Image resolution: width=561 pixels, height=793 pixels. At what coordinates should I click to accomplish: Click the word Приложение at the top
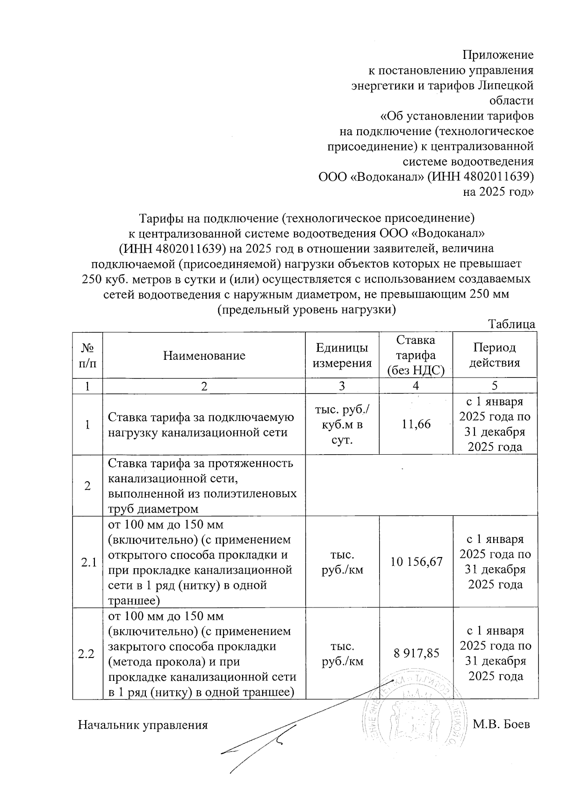tap(497, 55)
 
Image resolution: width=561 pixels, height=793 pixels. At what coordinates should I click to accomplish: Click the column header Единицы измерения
tap(342, 355)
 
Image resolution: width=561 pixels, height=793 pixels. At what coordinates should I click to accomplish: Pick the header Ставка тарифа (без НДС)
tap(415, 355)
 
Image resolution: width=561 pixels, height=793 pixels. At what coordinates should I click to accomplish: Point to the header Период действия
tap(495, 355)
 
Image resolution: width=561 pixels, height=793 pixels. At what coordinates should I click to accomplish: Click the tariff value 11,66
tap(416, 424)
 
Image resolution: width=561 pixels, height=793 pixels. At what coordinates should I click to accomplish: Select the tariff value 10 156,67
tap(416, 562)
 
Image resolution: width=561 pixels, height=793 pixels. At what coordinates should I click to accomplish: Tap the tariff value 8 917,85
tap(416, 653)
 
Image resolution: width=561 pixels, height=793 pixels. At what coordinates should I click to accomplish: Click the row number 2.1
tap(88, 563)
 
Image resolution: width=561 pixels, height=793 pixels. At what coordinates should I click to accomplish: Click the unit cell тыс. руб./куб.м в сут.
tap(342, 424)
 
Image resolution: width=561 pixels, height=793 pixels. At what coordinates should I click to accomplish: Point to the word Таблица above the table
tap(511, 324)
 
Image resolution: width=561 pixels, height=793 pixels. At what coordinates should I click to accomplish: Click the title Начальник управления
tap(143, 725)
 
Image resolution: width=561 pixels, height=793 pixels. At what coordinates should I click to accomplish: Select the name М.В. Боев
tap(501, 725)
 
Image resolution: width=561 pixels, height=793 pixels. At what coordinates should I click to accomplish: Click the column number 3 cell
tap(342, 386)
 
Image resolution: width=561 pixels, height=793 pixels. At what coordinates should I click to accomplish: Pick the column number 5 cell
tap(495, 386)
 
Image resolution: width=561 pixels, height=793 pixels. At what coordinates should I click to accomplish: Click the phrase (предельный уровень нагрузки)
tap(307, 309)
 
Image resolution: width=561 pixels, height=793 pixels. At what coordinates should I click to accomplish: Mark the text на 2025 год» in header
tap(498, 192)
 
